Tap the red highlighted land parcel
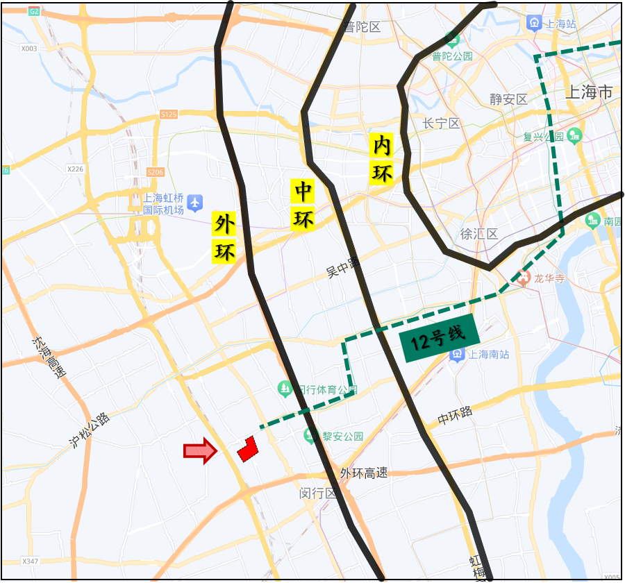[247, 448]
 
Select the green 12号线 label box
[440, 338]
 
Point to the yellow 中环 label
[303, 205]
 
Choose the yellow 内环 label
[382, 160]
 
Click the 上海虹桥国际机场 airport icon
[196, 203]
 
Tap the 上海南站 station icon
[458, 355]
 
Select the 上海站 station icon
[534, 23]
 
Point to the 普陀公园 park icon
[452, 39]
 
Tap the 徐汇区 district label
[479, 234]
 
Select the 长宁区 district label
[441, 124]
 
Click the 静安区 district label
[508, 99]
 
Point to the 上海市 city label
[590, 92]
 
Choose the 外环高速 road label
[363, 473]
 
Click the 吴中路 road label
[343, 268]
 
